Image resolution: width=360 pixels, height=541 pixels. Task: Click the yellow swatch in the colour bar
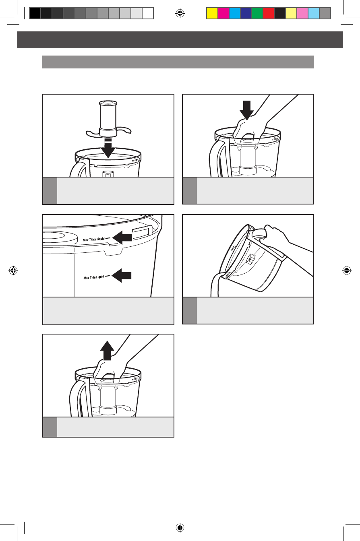pos(212,13)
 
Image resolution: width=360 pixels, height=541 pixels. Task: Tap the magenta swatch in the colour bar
pos(223,13)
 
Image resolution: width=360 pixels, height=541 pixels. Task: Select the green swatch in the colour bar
pos(257,13)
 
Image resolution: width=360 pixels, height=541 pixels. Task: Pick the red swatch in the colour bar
pos(269,13)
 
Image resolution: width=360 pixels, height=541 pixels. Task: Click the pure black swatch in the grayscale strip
pos(35,13)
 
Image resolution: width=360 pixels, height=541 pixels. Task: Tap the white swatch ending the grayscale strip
pos(148,13)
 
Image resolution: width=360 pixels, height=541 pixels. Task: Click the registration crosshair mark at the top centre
pos(180,13)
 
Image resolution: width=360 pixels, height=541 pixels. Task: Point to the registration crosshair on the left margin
pos(13,270)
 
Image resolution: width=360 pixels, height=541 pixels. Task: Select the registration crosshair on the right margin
pos(346,270)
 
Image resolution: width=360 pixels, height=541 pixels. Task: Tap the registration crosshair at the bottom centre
pos(180,527)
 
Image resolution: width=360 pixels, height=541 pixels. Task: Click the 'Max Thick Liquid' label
pos(93,240)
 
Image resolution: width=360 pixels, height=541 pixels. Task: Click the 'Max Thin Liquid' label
pos(94,277)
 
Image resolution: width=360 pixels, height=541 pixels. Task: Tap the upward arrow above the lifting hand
pos(107,351)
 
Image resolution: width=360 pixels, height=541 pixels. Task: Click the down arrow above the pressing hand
pos(247,110)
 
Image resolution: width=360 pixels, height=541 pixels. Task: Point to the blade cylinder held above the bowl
pos(108,118)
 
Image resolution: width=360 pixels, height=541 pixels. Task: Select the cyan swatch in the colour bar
pos(235,13)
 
